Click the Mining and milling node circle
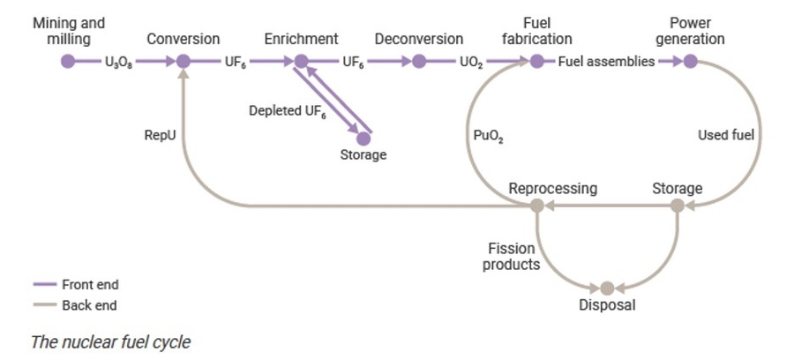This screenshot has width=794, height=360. (x=68, y=61)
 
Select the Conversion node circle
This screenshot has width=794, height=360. (x=184, y=61)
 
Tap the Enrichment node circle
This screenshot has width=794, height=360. (x=302, y=61)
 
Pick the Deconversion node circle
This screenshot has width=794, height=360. (x=419, y=61)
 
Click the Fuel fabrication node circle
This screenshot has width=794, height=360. (x=536, y=61)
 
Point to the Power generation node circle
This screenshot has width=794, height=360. (x=690, y=61)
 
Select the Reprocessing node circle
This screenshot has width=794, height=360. (x=536, y=206)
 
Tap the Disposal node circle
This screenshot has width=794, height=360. (x=607, y=289)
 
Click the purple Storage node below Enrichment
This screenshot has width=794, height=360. (x=363, y=139)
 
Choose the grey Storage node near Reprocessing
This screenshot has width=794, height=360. (x=678, y=206)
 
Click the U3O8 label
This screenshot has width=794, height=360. (x=118, y=63)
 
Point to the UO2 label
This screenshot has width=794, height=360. (x=471, y=63)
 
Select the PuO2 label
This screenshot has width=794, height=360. (x=488, y=136)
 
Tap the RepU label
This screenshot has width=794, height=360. (x=160, y=135)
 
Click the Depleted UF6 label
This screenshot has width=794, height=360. (x=288, y=112)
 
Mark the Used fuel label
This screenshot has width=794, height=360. (x=726, y=135)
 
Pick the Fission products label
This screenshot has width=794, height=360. (x=511, y=257)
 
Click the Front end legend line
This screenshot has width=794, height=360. (x=45, y=284)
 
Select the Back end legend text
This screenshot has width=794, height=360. (x=89, y=305)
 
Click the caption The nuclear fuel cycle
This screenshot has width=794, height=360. (x=110, y=341)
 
